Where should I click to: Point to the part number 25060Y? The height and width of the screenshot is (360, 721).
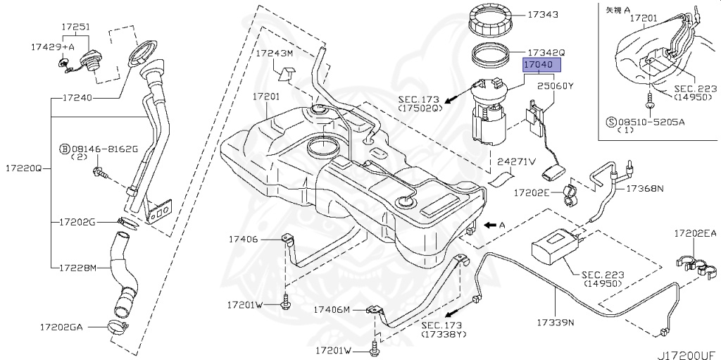556,87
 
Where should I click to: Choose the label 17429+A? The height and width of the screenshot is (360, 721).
52,46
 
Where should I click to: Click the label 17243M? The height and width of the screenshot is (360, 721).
274,53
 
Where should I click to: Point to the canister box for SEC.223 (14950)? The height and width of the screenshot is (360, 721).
556,247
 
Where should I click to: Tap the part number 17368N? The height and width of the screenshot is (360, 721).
646,189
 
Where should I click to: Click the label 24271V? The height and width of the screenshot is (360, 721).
517,161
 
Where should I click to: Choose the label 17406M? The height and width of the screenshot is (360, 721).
332,309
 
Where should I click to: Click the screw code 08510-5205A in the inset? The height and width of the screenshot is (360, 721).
654,121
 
